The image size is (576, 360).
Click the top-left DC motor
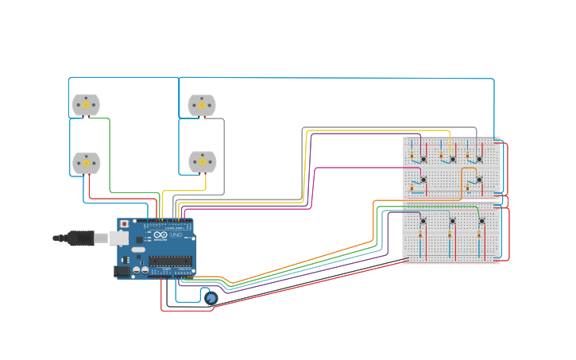(86, 105)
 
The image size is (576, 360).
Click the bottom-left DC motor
(86, 163)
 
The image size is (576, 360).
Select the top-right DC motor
(201, 105)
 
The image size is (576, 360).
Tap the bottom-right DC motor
(202, 162)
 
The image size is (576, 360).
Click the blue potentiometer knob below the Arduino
(211, 298)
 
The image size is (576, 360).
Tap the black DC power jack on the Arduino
(122, 271)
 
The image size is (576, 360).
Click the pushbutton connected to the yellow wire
(452, 159)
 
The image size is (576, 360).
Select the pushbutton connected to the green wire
(481, 220)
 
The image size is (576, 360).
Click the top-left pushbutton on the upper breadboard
(423, 159)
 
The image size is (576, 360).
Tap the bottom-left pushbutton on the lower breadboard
(423, 220)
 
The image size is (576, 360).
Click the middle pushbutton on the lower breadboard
(452, 220)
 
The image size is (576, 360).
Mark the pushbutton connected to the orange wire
(479, 180)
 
